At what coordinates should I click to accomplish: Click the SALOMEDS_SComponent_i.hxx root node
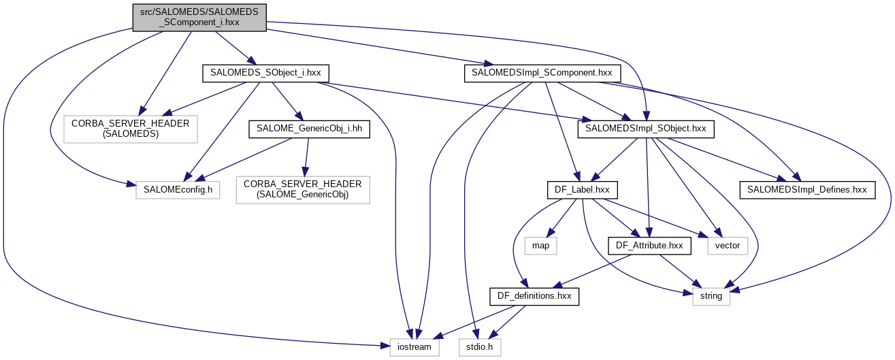click(199, 16)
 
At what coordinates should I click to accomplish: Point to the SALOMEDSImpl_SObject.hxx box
click(646, 129)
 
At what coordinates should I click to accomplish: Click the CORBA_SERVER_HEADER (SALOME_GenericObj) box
click(303, 190)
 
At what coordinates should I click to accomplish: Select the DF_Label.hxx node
click(578, 190)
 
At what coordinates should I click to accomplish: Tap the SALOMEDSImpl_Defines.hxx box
click(807, 190)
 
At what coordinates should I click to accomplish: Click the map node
click(541, 244)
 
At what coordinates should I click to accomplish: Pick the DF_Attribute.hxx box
click(649, 244)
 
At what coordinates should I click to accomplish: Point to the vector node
click(728, 244)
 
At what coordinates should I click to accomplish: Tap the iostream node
click(414, 346)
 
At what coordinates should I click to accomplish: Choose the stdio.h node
click(479, 346)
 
